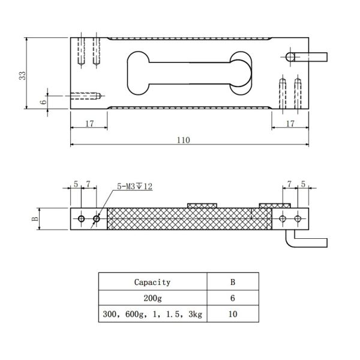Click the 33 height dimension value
22,75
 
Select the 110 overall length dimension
184,140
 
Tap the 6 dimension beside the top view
43,102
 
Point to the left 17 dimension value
89,123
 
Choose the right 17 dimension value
289,123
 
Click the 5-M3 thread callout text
135,187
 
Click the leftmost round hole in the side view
81,219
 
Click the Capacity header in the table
152,282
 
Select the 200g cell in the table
152,298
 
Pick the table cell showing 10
232,314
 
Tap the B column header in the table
232,282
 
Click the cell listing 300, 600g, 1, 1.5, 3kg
152,314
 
